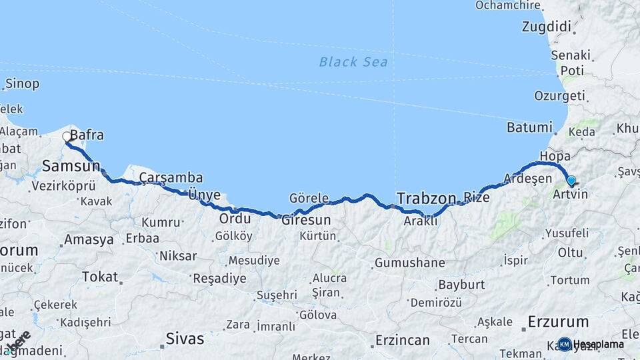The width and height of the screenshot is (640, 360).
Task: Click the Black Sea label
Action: click(353, 62)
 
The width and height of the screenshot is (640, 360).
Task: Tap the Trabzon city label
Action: click(426, 198)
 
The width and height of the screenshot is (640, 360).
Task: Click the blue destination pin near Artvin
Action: click(571, 180)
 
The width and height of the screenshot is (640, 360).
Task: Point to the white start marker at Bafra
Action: click(67, 137)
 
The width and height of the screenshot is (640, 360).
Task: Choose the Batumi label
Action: click(529, 127)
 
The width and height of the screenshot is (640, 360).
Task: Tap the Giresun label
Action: click(306, 219)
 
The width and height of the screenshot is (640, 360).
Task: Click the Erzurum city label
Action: click(558, 321)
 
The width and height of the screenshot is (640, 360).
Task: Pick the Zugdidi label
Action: click(549, 27)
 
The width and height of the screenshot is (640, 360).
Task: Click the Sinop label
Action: click(22, 84)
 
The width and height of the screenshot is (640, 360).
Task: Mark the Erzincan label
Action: click(402, 340)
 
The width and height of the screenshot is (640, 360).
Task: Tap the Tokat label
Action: click(99, 276)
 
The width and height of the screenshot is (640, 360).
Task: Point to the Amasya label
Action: click(89, 240)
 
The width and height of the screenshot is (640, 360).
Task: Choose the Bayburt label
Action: click(461, 285)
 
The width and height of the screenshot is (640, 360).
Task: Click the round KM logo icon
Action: click(565, 344)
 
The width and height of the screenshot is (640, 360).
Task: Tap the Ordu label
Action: click(235, 219)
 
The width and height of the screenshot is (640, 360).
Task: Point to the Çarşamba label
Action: click(171, 177)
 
